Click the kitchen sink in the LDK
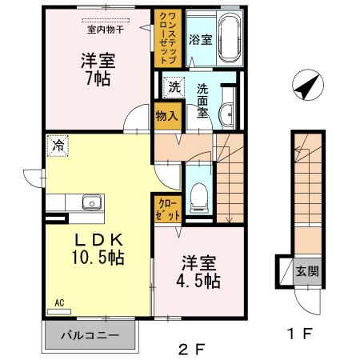coord(88,202)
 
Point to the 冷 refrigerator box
coord(57,146)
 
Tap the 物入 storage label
coord(166,115)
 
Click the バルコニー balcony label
coord(90,334)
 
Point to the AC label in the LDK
coord(59,303)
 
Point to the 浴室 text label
coord(200,38)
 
